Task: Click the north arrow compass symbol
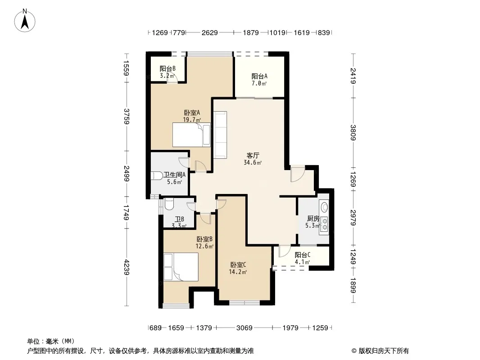tap(25, 21)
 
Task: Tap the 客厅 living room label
tap(253, 155)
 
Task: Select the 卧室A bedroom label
tap(192, 112)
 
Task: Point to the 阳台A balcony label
tap(259, 76)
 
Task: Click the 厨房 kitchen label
tap(313, 218)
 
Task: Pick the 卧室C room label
tap(238, 265)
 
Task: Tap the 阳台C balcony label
tap(303, 255)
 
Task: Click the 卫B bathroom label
tap(179, 219)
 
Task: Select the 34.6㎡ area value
tap(253, 162)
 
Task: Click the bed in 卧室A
tap(192, 135)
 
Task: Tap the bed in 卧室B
tap(181, 267)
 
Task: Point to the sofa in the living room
tap(220, 135)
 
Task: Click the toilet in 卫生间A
tap(157, 176)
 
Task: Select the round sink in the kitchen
tap(324, 207)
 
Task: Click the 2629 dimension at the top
tap(210, 32)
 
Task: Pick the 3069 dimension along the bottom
tap(245, 328)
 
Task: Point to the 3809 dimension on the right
tap(353, 132)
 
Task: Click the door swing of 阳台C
tap(285, 251)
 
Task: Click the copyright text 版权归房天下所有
tap(384, 351)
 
